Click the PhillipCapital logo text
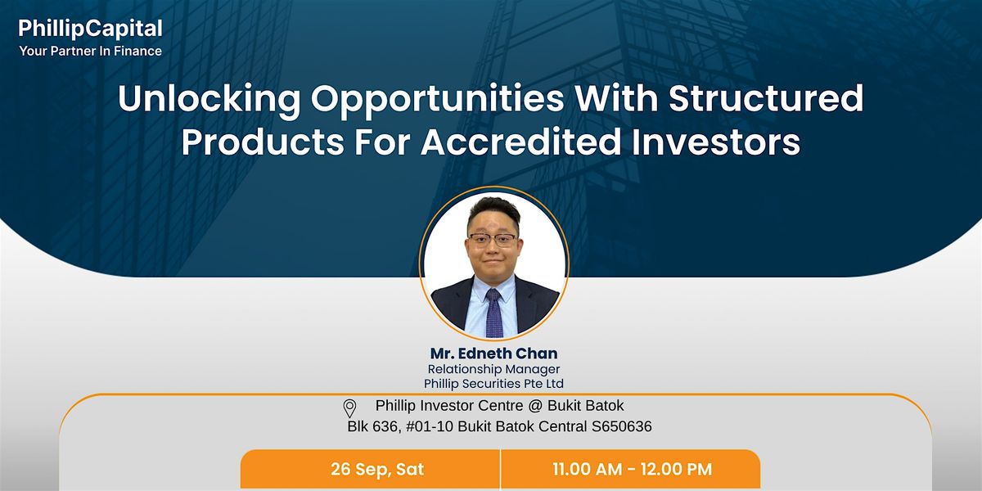(x=90, y=29)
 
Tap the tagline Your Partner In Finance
(x=90, y=52)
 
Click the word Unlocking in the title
(x=209, y=100)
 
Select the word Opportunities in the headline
(x=438, y=101)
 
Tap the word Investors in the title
(x=716, y=142)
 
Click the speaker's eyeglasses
(x=493, y=240)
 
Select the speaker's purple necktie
(x=494, y=312)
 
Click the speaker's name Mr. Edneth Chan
(x=493, y=354)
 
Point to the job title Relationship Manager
(x=493, y=369)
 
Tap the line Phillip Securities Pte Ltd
(x=493, y=384)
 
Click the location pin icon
(x=349, y=408)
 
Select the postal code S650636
(x=622, y=426)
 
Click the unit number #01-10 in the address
(x=430, y=426)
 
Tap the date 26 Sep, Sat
(x=377, y=469)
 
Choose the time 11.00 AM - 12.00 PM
(x=632, y=469)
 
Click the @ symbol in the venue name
(x=535, y=406)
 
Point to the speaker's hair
(x=493, y=210)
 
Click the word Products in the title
(x=263, y=142)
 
